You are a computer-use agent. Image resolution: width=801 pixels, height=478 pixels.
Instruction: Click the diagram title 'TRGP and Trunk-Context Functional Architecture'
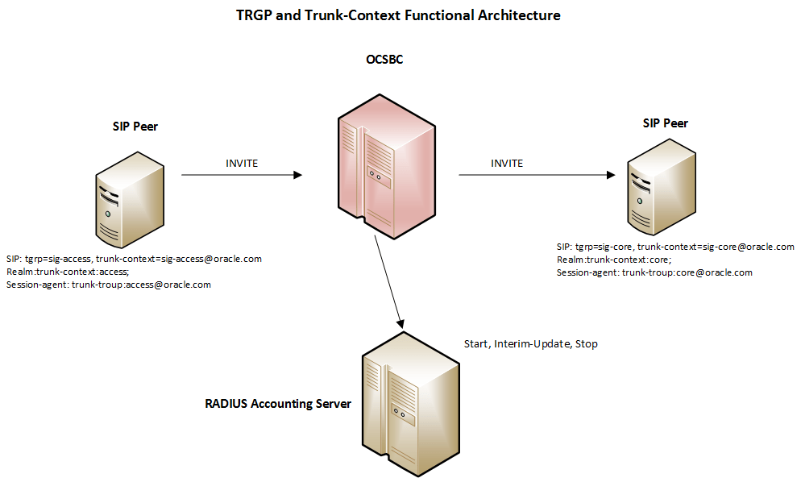coord(399,15)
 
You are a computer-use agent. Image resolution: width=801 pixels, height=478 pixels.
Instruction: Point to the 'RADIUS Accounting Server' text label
coord(278,403)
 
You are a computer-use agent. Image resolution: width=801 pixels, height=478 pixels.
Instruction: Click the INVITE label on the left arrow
coord(242,163)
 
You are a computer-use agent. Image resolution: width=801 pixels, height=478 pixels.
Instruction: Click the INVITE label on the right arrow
coord(507,163)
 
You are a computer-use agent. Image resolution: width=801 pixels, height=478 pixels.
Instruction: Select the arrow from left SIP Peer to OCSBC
coord(242,174)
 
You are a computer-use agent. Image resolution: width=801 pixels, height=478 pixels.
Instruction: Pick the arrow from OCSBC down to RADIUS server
coord(388,282)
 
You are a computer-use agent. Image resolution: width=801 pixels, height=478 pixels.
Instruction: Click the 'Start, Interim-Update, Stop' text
coord(530,344)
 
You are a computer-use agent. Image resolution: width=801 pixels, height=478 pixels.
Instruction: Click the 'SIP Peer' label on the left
coord(135,127)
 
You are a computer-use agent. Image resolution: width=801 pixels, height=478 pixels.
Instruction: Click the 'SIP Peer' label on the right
coord(664,123)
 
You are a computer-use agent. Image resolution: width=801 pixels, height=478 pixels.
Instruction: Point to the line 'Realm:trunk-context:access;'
coord(67,272)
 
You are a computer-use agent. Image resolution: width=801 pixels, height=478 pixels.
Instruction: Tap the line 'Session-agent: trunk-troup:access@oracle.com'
coord(108,285)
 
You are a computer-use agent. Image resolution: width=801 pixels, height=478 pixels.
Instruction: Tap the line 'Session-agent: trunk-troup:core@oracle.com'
coord(654,272)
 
